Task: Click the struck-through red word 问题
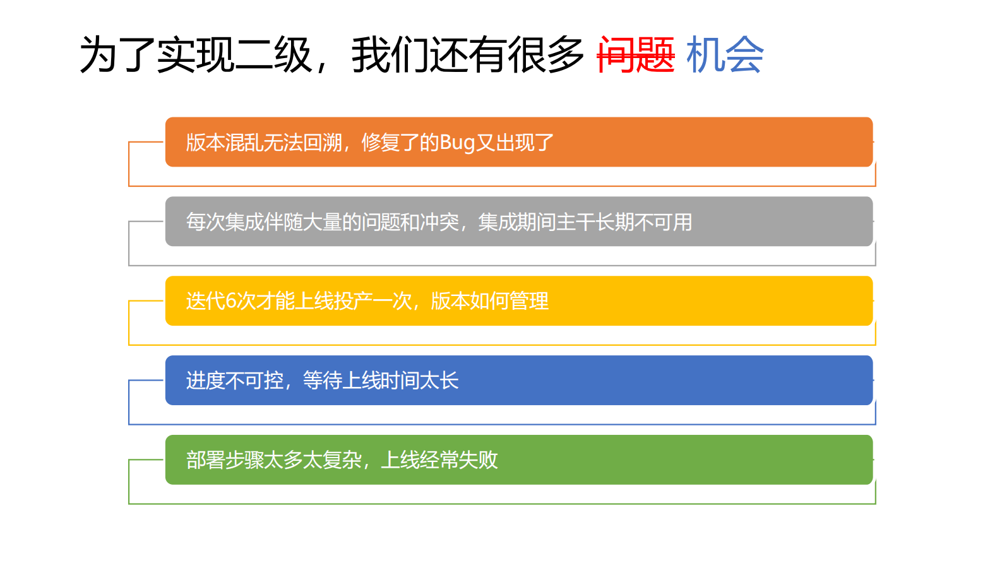tap(636, 55)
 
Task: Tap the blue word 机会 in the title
tap(725, 55)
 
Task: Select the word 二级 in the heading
tap(273, 55)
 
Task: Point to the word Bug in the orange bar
tap(456, 143)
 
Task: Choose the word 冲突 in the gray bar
tap(439, 222)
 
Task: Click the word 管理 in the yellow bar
tap(529, 301)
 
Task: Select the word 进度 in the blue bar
tap(205, 381)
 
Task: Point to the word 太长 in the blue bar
tap(439, 381)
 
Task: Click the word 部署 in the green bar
tap(205, 460)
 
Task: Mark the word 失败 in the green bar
tap(479, 460)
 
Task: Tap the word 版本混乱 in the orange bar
tap(225, 143)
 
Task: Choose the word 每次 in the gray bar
tap(205, 222)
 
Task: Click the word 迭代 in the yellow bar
tap(205, 301)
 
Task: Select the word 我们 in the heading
tap(390, 55)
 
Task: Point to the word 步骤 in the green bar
tap(244, 460)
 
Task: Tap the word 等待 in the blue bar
tap(323, 381)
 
